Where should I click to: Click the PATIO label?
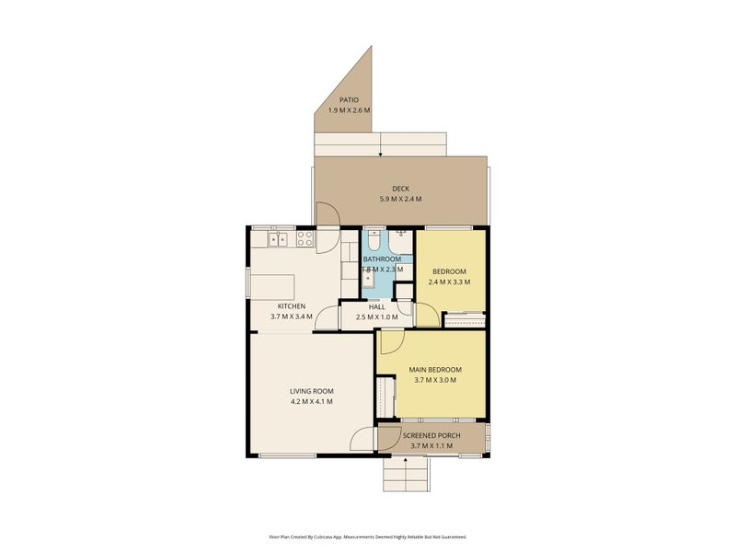click(x=349, y=99)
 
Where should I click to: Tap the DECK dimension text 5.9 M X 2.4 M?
click(x=400, y=199)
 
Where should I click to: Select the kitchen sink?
click(x=279, y=240)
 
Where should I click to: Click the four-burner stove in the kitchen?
click(x=305, y=240)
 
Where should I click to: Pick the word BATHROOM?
click(x=381, y=259)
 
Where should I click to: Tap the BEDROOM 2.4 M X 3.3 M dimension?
click(x=449, y=282)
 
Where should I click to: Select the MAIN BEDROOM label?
click(x=434, y=369)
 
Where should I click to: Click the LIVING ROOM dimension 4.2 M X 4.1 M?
click(x=311, y=401)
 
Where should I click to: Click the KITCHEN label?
click(x=292, y=305)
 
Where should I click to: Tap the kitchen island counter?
click(x=272, y=285)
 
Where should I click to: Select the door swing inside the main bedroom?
click(x=386, y=342)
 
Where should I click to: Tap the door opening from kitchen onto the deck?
click(x=328, y=213)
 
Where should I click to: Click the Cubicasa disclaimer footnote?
click(x=368, y=535)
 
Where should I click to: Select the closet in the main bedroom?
click(x=384, y=397)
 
